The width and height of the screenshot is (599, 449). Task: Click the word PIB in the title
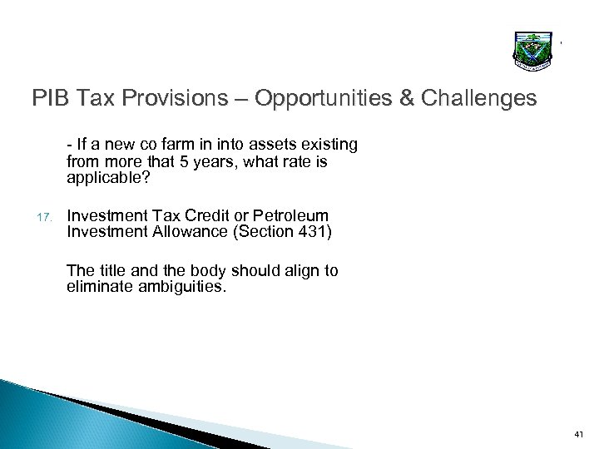pos(52,100)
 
